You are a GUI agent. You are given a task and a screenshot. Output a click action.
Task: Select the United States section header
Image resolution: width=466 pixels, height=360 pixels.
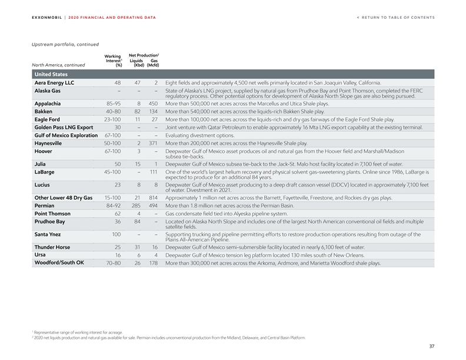pos(51,75)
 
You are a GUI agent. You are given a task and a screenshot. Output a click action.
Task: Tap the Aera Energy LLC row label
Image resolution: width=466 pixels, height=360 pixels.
pos(54,83)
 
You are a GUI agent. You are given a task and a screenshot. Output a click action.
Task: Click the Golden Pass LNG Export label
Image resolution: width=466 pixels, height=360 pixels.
pos(64,127)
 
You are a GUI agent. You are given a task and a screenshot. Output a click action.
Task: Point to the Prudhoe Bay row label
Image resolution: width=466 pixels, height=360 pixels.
pos(49,222)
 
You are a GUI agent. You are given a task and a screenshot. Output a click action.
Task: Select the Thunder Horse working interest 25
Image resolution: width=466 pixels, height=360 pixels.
pos(118,247)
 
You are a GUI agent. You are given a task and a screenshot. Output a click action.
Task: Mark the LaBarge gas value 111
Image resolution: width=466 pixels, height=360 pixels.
pos(153,172)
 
